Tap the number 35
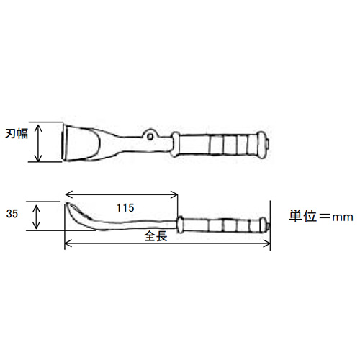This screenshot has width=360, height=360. pyautogui.click(x=11, y=214)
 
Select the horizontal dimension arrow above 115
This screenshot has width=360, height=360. pyautogui.click(x=122, y=194)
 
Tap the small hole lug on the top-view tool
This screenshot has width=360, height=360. pyautogui.click(x=149, y=134)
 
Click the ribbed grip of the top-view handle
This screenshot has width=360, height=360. pyautogui.click(x=223, y=143)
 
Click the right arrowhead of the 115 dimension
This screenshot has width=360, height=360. pyautogui.click(x=175, y=194)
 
